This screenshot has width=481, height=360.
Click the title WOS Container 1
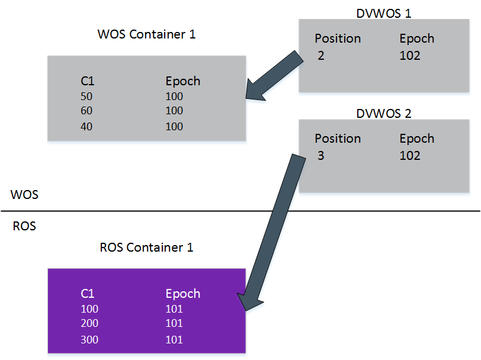point(146,34)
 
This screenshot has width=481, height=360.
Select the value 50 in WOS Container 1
point(86,97)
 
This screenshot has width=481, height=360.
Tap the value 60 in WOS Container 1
point(86,111)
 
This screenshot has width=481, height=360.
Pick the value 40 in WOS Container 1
point(86,126)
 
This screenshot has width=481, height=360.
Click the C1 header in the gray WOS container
point(88,81)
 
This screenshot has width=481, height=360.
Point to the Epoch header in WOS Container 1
point(182,81)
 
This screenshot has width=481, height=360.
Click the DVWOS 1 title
point(383,12)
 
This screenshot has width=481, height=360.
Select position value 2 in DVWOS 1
point(320,56)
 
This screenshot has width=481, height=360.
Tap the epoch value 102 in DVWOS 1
point(410,56)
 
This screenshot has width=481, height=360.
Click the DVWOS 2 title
point(383,113)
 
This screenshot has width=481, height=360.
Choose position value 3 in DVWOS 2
point(320,156)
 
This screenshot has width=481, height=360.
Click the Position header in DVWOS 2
point(338,139)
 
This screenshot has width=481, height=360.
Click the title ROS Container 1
point(146,247)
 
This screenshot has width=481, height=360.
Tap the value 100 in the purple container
point(89,308)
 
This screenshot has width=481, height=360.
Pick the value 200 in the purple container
point(89,323)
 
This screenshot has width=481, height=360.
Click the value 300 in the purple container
point(89,339)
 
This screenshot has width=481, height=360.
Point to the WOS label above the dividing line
point(24,194)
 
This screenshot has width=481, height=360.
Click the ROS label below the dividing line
point(24,226)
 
